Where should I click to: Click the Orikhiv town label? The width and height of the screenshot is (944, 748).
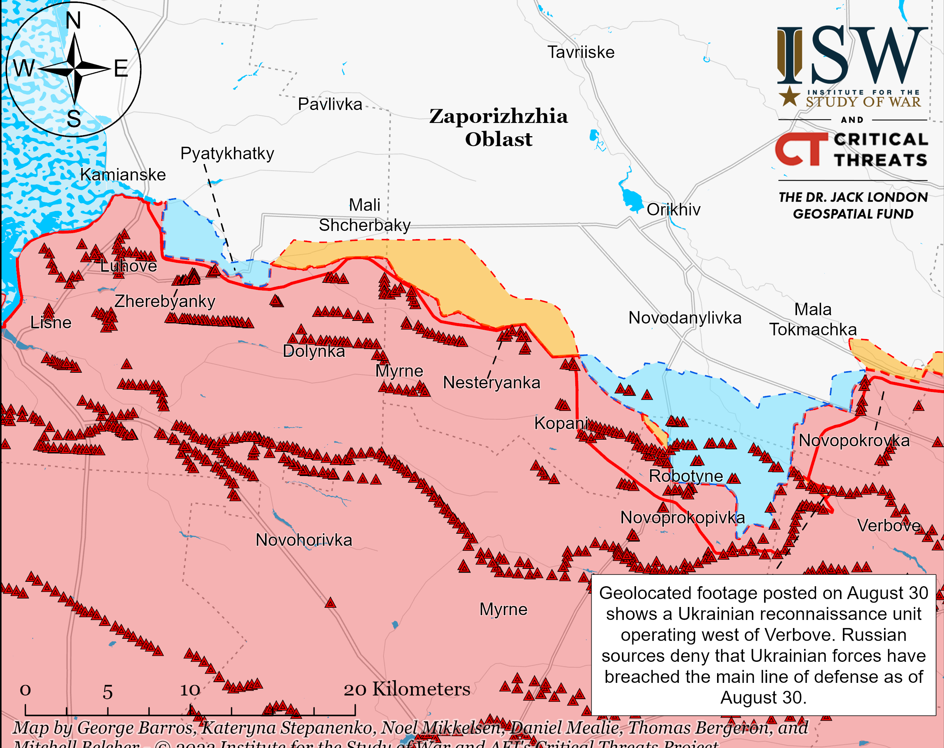673,209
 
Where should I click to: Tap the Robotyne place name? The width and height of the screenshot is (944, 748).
685,476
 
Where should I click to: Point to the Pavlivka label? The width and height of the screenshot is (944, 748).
330,104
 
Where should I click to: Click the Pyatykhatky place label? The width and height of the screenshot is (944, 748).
227,153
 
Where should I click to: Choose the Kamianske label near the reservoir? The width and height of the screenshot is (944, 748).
123,175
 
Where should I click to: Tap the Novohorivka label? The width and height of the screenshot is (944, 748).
304,540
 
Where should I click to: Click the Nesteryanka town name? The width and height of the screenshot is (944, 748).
491,383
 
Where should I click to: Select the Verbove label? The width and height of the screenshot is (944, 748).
888,525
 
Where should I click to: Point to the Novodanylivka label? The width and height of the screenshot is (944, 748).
684,318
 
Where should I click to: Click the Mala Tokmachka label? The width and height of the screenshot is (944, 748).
813,319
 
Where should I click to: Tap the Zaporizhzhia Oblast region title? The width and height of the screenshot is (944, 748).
498,127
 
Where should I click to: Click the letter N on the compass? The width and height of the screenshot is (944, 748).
74,21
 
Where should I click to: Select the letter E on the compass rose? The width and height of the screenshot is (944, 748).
121,69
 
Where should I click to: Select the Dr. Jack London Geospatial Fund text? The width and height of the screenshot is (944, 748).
853,205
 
